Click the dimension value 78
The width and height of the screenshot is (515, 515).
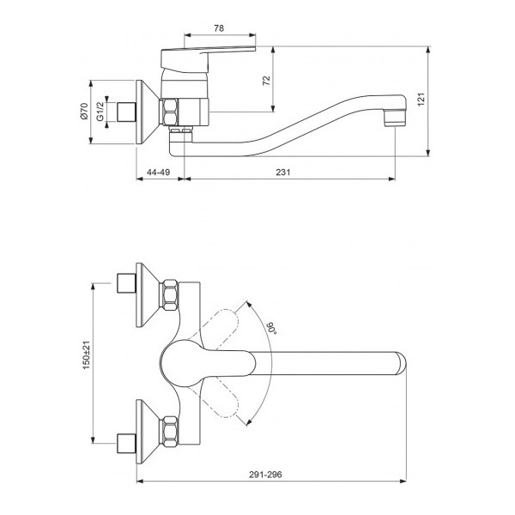point(218,28)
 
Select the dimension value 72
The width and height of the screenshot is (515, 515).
point(266,81)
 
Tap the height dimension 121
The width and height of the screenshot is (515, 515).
point(444,100)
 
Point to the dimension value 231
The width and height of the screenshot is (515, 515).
point(283,173)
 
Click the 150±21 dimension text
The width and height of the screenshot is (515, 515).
point(85,358)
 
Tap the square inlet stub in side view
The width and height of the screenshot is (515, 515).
point(129,112)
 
